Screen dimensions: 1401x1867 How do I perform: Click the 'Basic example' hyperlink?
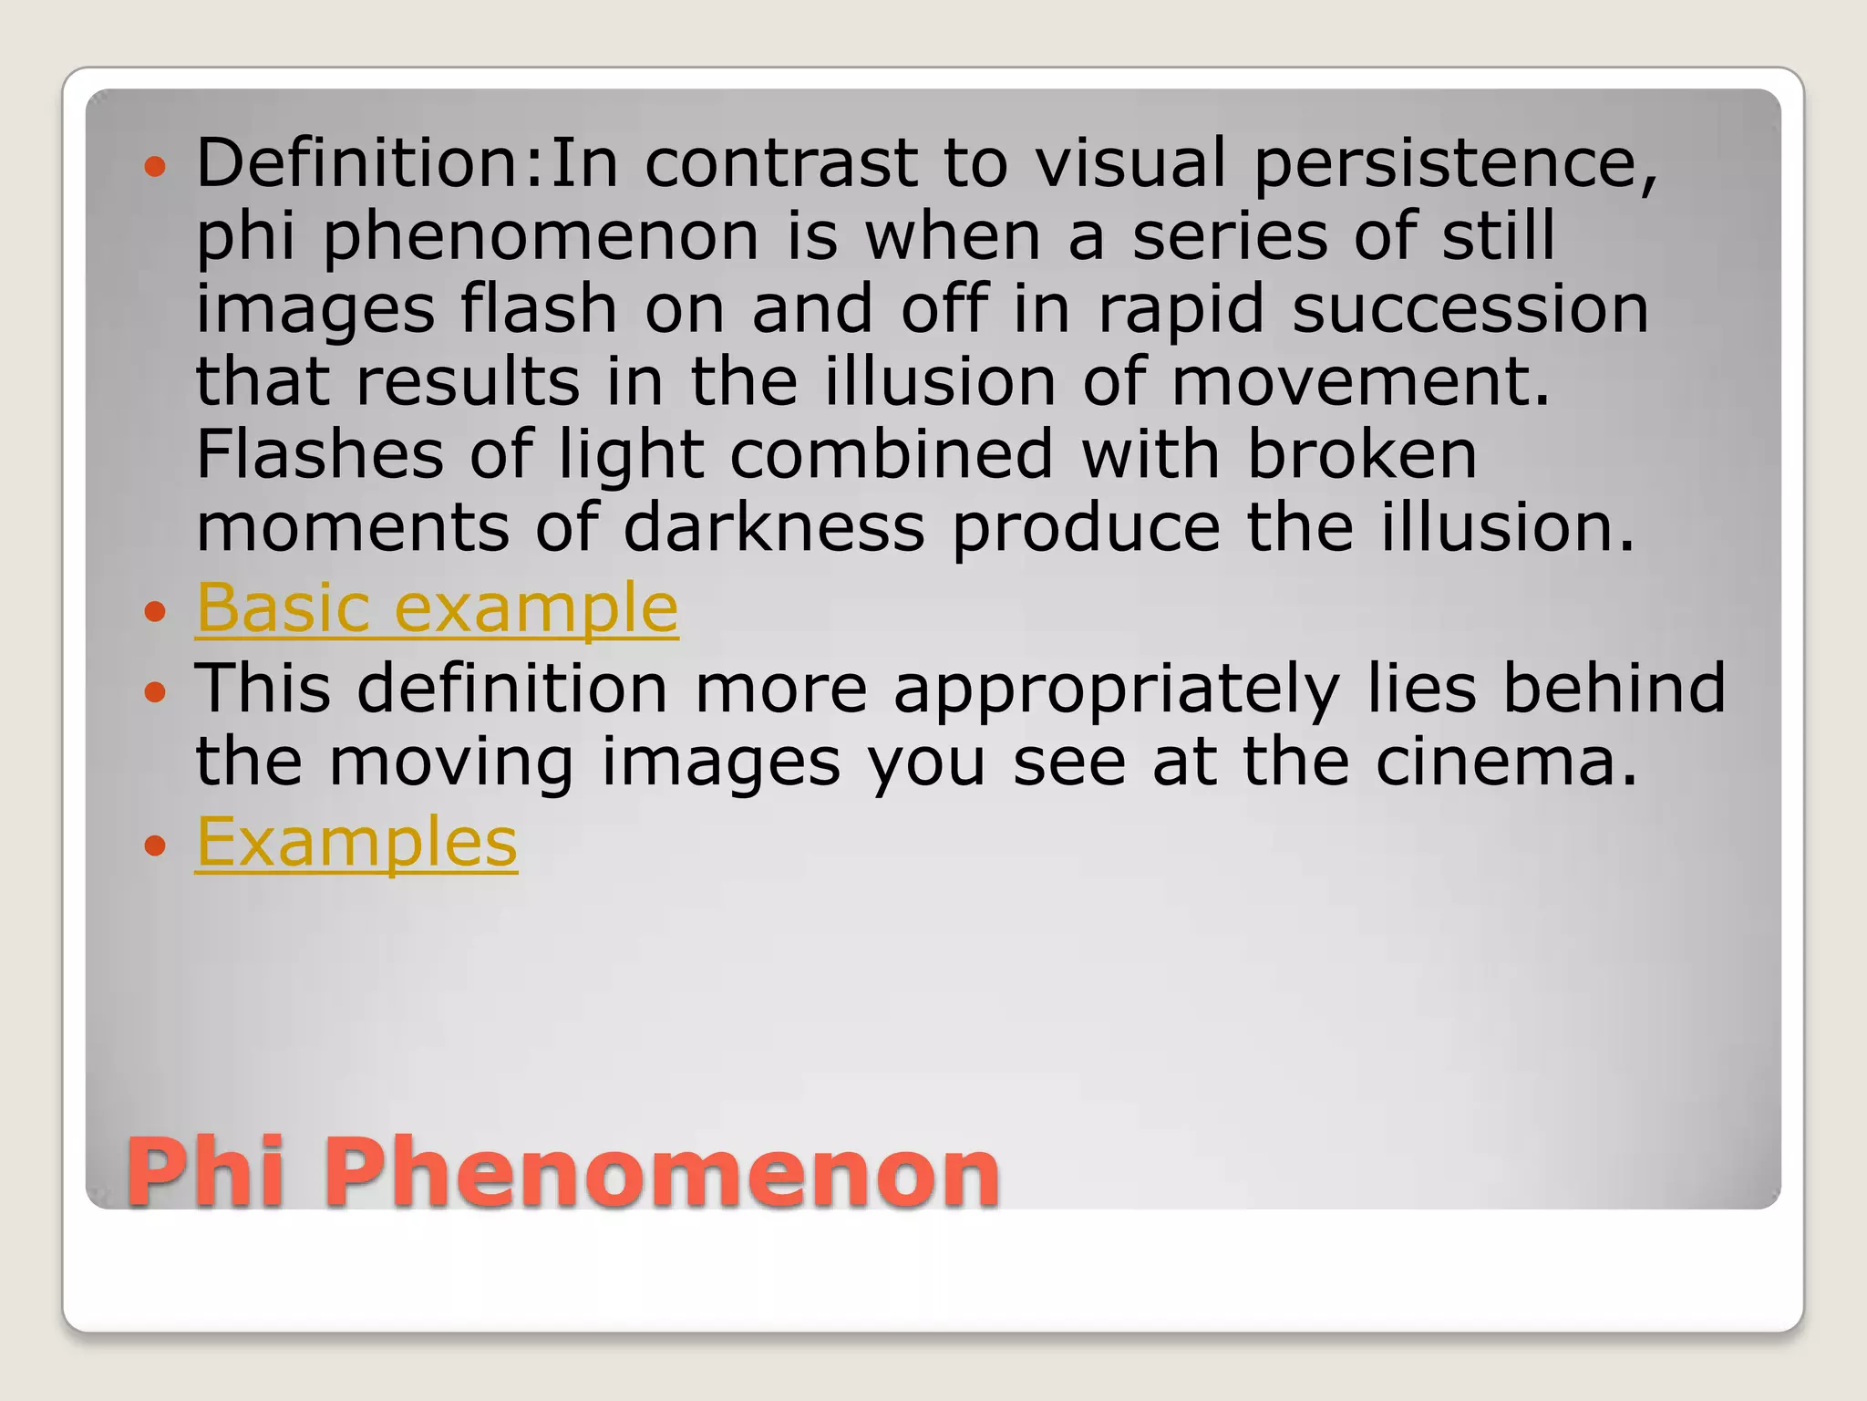437,607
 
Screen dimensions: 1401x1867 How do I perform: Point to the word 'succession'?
1470,308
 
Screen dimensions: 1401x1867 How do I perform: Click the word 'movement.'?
1360,381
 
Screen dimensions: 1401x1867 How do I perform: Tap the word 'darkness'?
774,527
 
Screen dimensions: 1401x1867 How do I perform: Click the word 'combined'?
892,454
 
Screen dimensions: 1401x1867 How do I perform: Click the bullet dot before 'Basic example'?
156,611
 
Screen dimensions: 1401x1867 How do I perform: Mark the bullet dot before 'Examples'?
156,846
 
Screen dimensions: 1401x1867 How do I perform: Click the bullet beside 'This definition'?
156,692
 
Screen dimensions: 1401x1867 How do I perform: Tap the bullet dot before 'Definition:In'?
156,167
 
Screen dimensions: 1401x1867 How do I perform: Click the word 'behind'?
1614,689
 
